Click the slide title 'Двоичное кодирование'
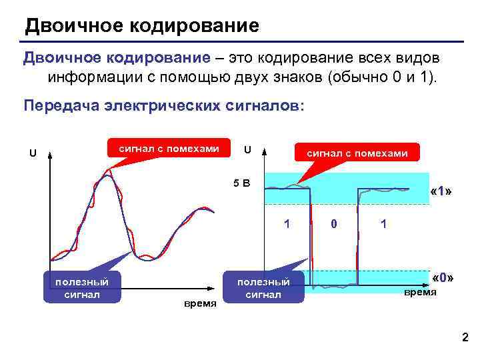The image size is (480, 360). tap(141, 27)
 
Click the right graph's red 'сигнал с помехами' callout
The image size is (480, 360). tap(357, 153)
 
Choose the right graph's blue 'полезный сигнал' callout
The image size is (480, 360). tap(263, 287)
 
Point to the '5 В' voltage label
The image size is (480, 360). tap(241, 183)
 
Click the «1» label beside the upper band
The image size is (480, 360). tap(441, 192)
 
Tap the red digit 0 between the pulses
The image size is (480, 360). tap(333, 224)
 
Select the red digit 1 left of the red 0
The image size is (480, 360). tap(287, 224)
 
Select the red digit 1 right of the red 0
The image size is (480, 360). tap(383, 224)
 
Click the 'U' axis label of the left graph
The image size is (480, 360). tap(32, 153)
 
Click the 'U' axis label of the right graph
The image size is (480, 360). tap(247, 149)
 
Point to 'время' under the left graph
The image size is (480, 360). tap(200, 304)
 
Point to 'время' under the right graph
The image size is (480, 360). tap(420, 292)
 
